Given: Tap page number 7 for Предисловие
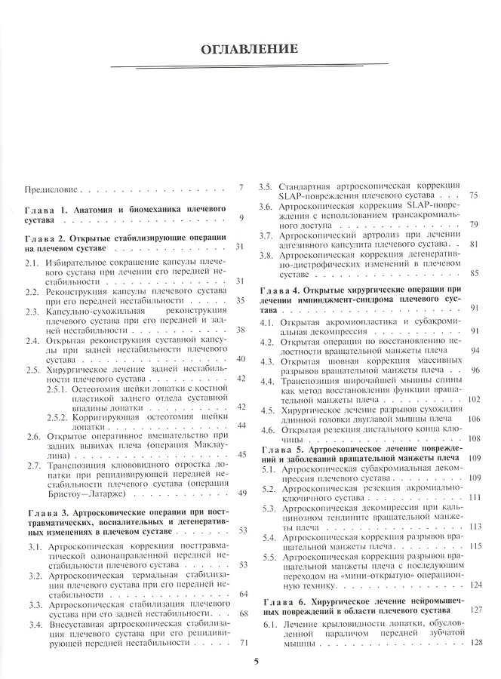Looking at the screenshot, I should click(x=240, y=188).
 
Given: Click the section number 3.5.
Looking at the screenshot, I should click(x=265, y=187).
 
